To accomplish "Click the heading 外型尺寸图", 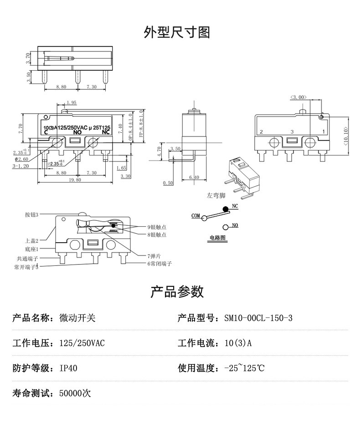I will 177,32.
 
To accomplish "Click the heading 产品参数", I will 177,291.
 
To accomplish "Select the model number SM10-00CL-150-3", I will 258,318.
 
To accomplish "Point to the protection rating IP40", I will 68,368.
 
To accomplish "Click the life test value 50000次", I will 75,393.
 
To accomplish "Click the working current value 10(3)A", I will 238,343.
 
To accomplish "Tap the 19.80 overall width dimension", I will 75,180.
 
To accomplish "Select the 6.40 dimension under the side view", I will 194,177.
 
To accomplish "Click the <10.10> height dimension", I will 346,135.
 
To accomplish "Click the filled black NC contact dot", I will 225,209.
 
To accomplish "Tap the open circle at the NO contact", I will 225,227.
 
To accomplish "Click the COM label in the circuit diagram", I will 195,215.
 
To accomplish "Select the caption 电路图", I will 217,238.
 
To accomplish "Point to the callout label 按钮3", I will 32,214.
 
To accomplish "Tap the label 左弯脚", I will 216,195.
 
